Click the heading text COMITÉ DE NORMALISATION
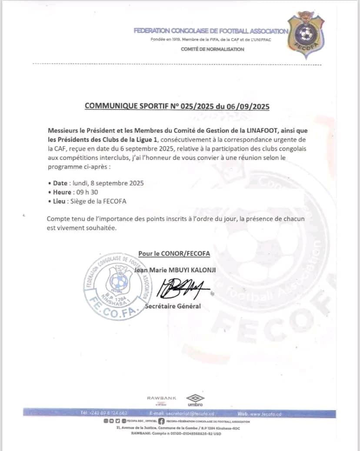212,49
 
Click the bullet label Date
60,183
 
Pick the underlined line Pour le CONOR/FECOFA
174,254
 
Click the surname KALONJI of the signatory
202,270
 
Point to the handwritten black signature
183,287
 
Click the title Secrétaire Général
173,306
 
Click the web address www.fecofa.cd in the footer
265,414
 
